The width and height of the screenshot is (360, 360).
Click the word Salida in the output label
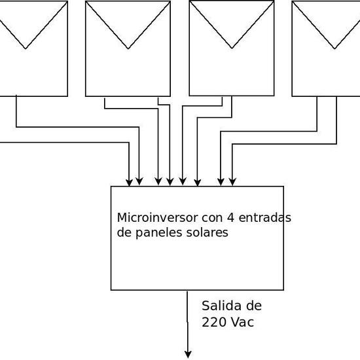[x=218, y=306]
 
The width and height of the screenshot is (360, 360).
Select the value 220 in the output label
[x=214, y=322]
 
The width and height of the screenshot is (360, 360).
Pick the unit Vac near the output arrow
[x=242, y=322]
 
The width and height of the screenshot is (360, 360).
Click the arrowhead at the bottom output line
[x=188, y=354]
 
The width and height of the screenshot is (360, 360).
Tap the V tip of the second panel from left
[x=128, y=48]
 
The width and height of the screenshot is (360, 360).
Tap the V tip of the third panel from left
[x=232, y=48]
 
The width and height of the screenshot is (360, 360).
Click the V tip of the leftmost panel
[x=25, y=48]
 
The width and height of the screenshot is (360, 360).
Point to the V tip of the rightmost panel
[x=335, y=48]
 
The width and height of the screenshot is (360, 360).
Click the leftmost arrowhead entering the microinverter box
[x=129, y=182]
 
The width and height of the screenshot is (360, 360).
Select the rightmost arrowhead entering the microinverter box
[x=232, y=182]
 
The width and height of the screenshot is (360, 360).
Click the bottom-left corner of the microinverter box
[x=111, y=289]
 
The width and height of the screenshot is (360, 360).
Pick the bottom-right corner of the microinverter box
[x=283, y=289]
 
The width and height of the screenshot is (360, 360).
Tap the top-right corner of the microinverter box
[x=283, y=187]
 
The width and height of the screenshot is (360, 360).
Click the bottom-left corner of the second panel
[x=86, y=96]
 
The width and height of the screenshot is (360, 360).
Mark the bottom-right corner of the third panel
[x=274, y=96]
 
